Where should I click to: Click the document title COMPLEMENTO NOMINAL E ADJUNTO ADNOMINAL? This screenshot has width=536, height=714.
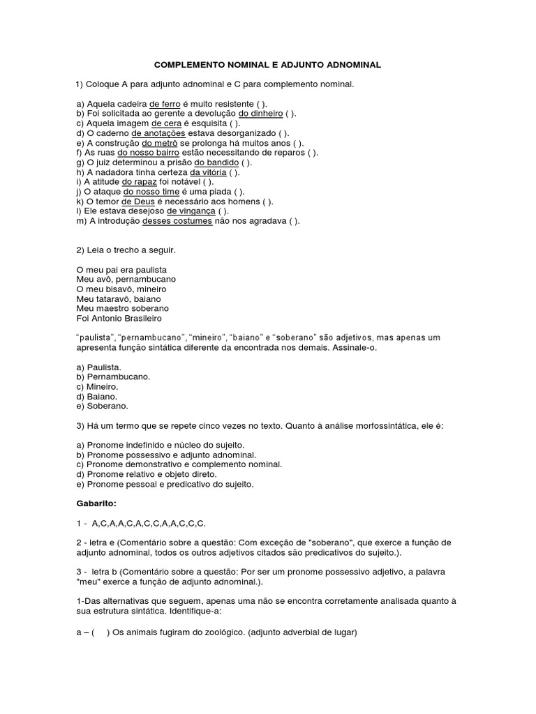point(267,64)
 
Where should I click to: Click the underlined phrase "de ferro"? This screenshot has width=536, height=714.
point(165,103)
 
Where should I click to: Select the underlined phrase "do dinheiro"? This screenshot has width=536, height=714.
point(260,113)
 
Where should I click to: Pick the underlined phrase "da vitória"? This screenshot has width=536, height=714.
point(210,172)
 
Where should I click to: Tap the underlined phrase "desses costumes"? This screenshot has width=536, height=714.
point(177,221)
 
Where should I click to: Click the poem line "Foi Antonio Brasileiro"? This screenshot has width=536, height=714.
point(118,318)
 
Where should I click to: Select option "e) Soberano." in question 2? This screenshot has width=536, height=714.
point(102,405)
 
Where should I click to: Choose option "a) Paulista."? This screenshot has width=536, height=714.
point(99,366)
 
